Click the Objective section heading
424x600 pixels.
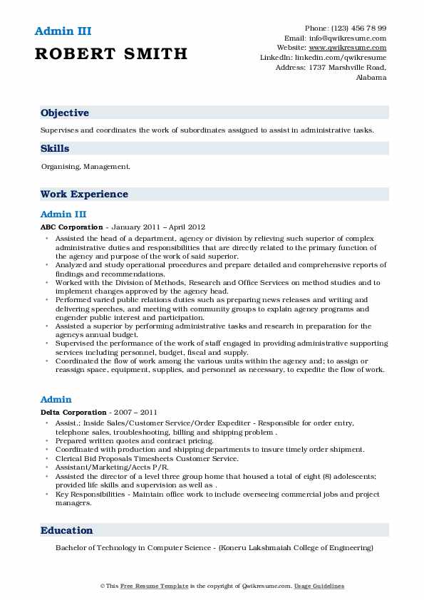coord(65,113)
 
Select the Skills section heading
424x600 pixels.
coord(55,148)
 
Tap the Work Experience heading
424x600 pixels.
coord(84,194)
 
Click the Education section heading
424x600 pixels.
coord(67,530)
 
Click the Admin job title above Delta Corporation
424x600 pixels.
coord(56,400)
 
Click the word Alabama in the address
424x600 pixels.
coord(371,77)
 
